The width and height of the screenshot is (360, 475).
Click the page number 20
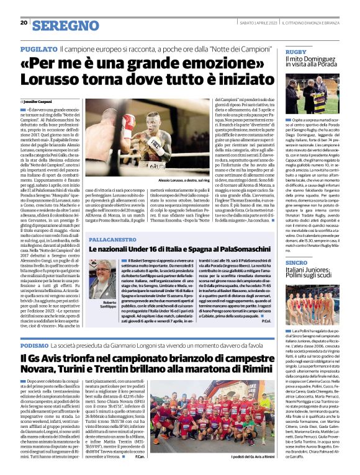click(23, 23)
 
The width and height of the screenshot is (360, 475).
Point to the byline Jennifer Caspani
click(38, 100)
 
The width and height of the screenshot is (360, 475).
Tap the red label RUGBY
click(296, 51)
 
